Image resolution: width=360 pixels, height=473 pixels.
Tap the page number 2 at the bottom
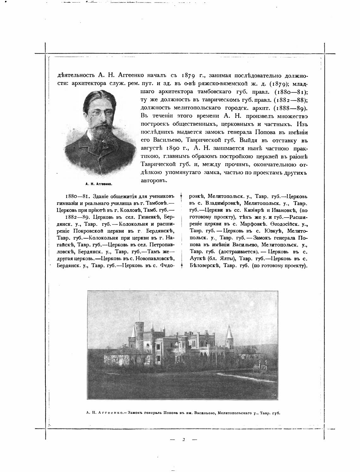click(183, 439)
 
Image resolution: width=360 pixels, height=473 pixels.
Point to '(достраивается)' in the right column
click(235, 252)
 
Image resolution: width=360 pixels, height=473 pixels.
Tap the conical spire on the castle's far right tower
click(228, 331)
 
